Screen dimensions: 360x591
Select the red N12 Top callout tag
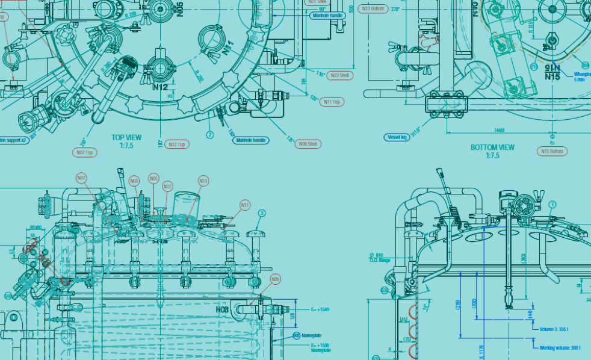point(176,144)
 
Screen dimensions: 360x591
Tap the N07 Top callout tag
point(85,153)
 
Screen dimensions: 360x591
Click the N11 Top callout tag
point(332,102)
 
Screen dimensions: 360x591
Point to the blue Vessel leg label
point(397,137)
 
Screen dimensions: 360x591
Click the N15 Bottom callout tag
point(552,151)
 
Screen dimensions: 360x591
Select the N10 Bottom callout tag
point(373,9)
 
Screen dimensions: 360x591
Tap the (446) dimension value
point(499,130)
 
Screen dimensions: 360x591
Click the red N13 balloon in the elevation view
point(203,181)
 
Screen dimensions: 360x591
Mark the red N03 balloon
point(134,181)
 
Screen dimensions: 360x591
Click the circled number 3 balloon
point(262,213)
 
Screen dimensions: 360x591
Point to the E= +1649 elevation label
point(321,309)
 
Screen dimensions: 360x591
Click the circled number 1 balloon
point(552,205)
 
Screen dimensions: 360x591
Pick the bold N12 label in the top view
point(160,87)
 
